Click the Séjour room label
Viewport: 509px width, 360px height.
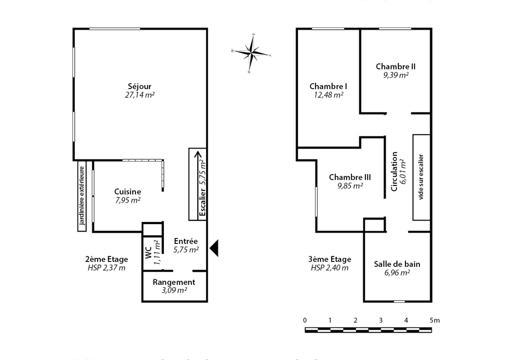pos(140,86)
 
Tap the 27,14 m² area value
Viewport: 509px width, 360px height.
pos(140,95)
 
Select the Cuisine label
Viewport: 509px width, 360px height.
pos(128,192)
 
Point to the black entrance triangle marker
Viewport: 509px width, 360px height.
pos(214,248)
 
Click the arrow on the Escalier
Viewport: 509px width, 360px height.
pos(198,183)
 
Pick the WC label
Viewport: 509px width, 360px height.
pos(149,252)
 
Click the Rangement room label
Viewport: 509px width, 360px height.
pos(174,282)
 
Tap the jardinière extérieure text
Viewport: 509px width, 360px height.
pos(82,195)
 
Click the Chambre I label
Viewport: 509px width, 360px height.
pos(328,86)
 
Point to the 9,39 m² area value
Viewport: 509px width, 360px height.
pos(396,75)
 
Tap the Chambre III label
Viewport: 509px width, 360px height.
pos(350,177)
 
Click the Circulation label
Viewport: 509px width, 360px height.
pos(394,172)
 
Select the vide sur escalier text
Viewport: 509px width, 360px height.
pos(421,177)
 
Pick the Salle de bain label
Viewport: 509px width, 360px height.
pos(397,264)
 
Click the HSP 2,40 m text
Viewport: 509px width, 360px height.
pos(330,268)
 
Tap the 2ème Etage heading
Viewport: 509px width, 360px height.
pos(107,259)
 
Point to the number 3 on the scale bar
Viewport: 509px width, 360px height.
pos(381,321)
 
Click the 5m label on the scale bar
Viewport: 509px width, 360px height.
pos(435,321)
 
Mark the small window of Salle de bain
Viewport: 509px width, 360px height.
pos(399,301)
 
